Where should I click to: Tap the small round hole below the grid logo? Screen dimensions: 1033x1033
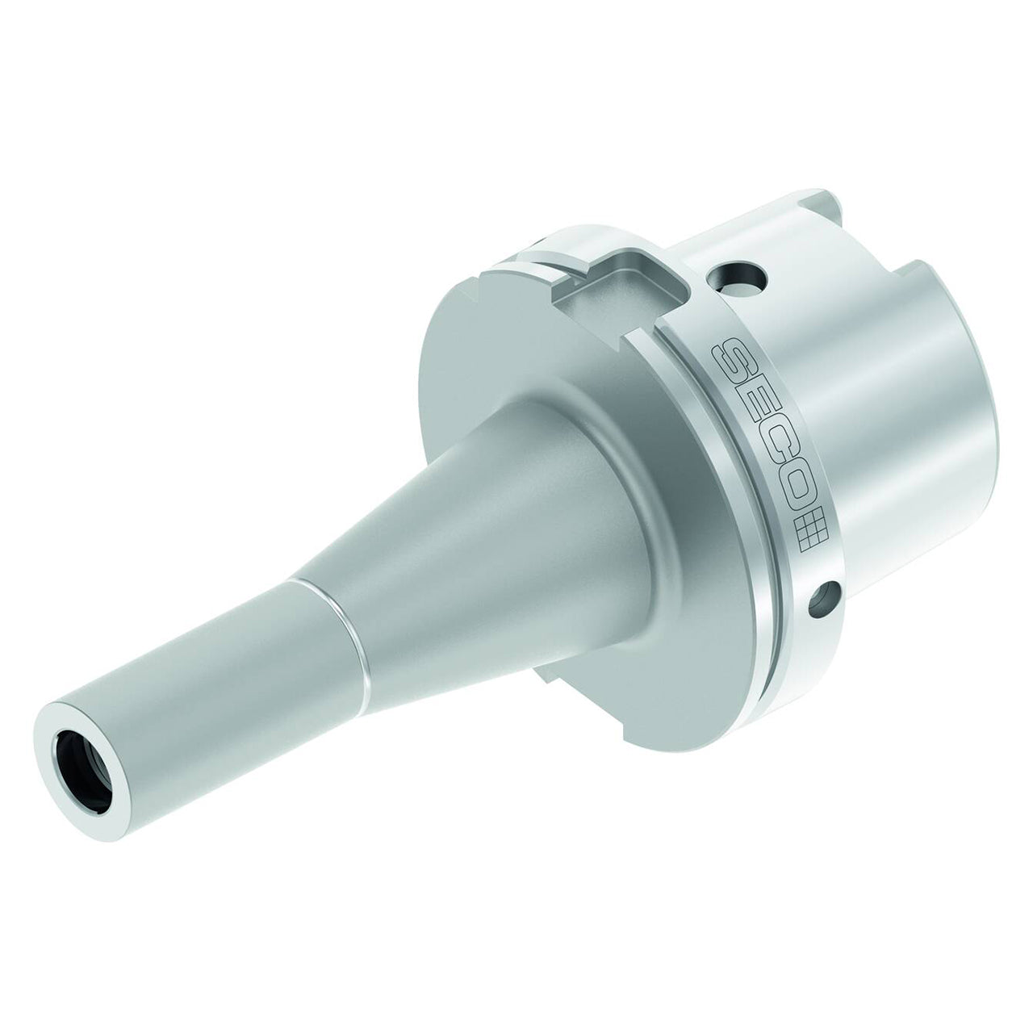tap(825, 602)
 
